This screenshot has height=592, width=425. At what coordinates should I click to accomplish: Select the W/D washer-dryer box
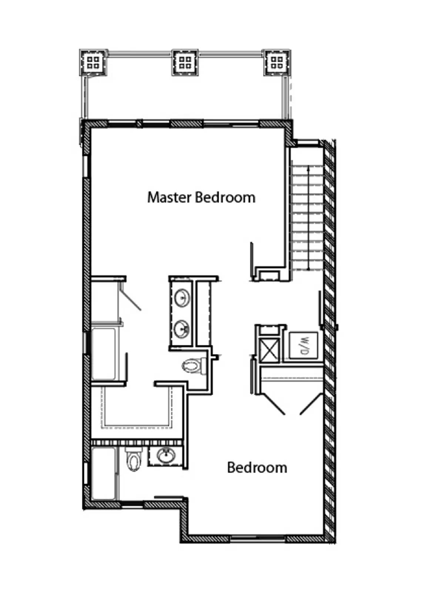point(303,345)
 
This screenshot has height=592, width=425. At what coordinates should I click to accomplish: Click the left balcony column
point(93,63)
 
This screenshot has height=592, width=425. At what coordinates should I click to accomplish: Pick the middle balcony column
point(185,63)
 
